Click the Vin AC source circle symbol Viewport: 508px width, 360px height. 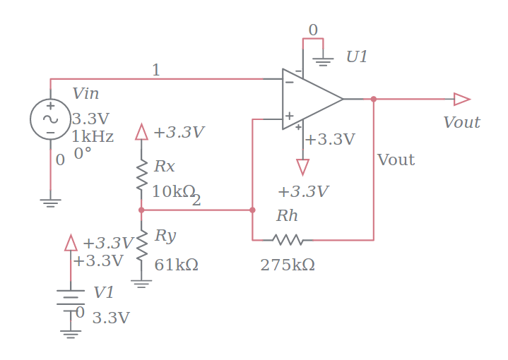coord(50,119)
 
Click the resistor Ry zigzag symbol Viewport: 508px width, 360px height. coord(141,244)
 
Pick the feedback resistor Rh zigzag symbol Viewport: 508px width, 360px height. coord(288,240)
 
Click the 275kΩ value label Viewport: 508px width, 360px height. coord(288,265)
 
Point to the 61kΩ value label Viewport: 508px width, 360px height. coord(176,265)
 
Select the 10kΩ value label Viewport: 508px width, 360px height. coord(172,191)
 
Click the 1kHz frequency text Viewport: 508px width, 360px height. coord(93,136)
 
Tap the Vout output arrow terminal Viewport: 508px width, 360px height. coord(461,99)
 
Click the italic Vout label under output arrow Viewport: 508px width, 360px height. coord(461,123)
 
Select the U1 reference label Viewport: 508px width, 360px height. coord(357,57)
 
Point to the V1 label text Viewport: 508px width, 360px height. coord(104,293)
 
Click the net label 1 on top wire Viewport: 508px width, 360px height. coord(155,70)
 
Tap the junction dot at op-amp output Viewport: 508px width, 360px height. coord(374,99)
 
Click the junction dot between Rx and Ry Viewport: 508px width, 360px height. coord(141,210)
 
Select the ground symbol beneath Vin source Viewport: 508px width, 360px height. coord(50,203)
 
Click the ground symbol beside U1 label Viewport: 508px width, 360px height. coord(323,61)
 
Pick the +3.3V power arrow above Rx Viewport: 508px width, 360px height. coord(141,132)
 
